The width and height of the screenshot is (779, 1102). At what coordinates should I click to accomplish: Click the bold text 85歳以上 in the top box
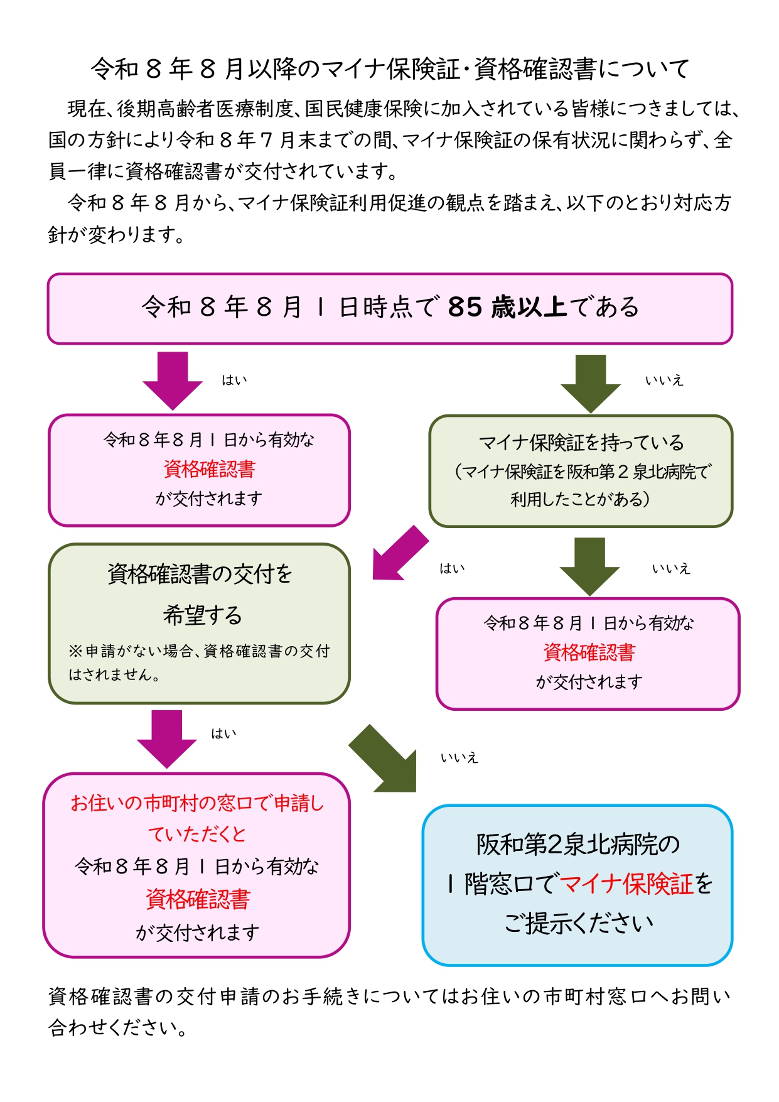(x=508, y=307)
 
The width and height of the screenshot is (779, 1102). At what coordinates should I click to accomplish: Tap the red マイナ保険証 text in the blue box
(x=626, y=883)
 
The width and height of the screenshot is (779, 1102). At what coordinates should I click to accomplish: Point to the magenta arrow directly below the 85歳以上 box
(x=173, y=381)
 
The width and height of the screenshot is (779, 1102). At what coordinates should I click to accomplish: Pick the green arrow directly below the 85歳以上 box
(x=590, y=383)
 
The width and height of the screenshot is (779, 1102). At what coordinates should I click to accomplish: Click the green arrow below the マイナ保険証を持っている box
(x=589, y=566)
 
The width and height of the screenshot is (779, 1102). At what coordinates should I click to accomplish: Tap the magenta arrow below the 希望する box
(x=167, y=739)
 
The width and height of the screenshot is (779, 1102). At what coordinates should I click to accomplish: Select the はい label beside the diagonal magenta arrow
(x=452, y=568)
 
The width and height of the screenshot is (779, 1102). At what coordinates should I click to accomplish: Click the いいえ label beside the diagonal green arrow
(x=459, y=758)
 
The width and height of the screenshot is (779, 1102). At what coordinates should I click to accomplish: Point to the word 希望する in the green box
(x=202, y=615)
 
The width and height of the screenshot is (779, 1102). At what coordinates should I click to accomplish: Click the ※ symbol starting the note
(x=75, y=651)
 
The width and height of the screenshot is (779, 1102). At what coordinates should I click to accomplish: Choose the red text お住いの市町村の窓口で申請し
(x=197, y=802)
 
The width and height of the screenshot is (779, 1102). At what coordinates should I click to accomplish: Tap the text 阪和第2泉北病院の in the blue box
(x=578, y=844)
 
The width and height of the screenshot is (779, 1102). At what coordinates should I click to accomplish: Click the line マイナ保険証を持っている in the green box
(x=581, y=443)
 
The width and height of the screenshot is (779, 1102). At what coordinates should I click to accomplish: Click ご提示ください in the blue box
(x=579, y=923)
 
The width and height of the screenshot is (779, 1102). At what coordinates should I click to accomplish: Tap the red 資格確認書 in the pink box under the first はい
(x=209, y=469)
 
